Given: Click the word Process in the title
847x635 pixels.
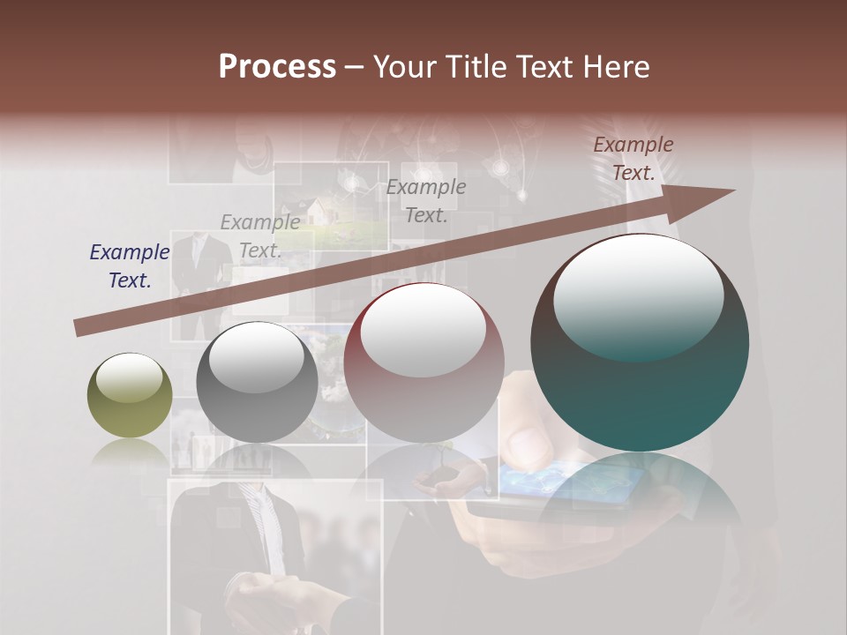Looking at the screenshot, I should click(277, 67).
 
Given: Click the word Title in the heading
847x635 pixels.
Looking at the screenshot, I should click(476, 67).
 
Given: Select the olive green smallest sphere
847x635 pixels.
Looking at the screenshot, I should click(130, 395).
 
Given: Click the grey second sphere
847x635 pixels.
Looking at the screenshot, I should click(257, 382).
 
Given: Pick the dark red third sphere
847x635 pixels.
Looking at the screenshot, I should click(423, 362).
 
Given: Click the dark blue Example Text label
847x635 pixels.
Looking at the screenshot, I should click(130, 266).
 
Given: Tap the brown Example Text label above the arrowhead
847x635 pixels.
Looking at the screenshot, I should click(633, 159).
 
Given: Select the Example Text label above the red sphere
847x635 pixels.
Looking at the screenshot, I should click(426, 200).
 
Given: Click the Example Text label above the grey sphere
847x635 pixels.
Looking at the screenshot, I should click(260, 235).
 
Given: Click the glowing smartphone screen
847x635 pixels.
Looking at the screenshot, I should click(565, 481).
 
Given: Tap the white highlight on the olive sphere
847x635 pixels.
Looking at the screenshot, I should click(130, 377).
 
